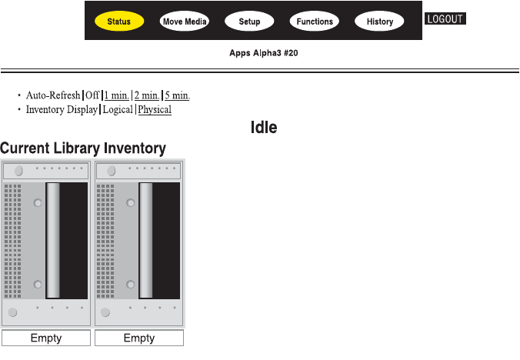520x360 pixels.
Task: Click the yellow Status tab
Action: [x=118, y=22]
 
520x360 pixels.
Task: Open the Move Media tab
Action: [x=185, y=22]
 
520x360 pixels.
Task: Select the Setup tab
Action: [x=249, y=22]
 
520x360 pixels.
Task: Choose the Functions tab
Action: [x=315, y=22]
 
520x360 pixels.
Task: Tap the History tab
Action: [x=380, y=22]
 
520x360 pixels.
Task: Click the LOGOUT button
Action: [x=445, y=18]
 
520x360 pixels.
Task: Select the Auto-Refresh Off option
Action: [x=92, y=95]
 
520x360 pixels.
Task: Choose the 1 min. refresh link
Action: [x=117, y=95]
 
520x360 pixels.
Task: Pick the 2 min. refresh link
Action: [x=147, y=95]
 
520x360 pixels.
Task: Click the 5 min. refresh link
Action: [x=177, y=95]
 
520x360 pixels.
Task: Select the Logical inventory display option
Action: [x=118, y=110]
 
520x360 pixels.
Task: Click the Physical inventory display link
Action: [x=155, y=110]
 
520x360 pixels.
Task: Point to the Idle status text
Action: [x=263, y=128]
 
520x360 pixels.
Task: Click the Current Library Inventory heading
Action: [x=83, y=148]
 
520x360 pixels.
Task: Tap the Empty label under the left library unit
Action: [x=46, y=338]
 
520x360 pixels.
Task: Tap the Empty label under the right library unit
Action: [x=139, y=338]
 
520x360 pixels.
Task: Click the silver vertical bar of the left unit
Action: [x=53, y=240]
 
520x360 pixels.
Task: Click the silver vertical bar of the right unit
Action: [x=145, y=240]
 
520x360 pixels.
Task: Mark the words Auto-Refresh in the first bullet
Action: [x=53, y=95]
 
